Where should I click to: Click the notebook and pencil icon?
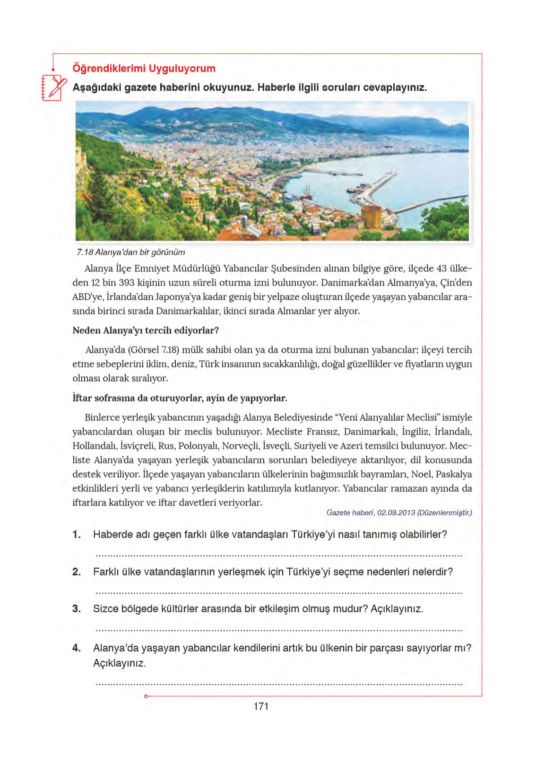(x=53, y=87)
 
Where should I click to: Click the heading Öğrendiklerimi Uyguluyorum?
(x=144, y=69)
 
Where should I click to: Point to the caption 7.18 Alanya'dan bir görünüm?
(x=131, y=252)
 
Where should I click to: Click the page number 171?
(x=261, y=706)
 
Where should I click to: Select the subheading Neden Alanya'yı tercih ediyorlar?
(x=146, y=330)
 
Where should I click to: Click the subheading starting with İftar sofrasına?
(x=180, y=398)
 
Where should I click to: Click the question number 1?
(x=77, y=535)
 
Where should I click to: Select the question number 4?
(x=77, y=648)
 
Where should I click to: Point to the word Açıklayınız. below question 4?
(x=120, y=663)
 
